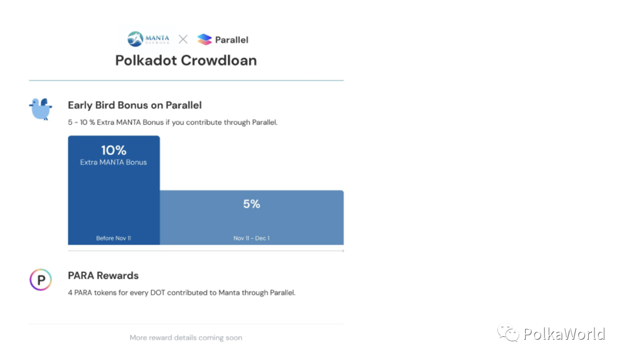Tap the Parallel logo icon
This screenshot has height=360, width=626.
[205, 39]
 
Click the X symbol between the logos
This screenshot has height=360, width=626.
[183, 39]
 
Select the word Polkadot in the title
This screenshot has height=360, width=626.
[145, 60]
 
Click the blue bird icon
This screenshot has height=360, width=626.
[41, 108]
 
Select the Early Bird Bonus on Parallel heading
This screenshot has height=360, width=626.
[134, 105]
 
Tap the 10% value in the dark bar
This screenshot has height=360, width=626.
[114, 150]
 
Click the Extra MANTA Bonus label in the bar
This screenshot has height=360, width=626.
[114, 162]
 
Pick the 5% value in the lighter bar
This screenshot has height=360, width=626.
[252, 204]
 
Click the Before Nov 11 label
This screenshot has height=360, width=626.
[114, 238]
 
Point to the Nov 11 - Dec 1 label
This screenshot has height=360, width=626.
[252, 238]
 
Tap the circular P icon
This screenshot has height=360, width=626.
[41, 280]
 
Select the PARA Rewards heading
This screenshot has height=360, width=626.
[103, 275]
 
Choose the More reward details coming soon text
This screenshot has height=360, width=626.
[186, 337]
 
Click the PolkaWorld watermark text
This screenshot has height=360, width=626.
[564, 334]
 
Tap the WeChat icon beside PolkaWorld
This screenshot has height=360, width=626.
[508, 333]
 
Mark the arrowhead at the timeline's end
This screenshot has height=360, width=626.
[342, 251]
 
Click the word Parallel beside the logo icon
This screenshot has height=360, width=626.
[231, 40]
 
